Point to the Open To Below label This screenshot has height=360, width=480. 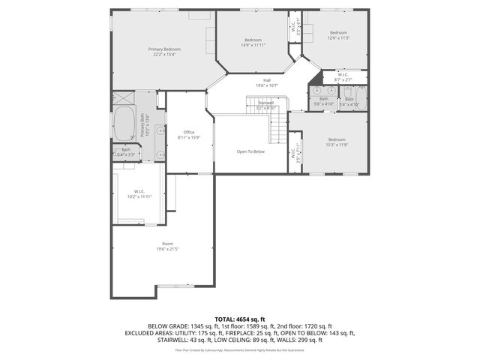click(250, 151)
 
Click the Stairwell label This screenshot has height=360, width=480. click(265, 104)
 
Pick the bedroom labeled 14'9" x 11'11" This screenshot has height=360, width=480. click(253, 43)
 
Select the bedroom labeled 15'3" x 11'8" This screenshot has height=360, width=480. click(337, 142)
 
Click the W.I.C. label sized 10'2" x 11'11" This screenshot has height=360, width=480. click(139, 193)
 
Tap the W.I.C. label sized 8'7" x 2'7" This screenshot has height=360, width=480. click(343, 77)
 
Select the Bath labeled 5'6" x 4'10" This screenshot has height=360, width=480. click(323, 101)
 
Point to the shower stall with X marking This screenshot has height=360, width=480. click(123, 99)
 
